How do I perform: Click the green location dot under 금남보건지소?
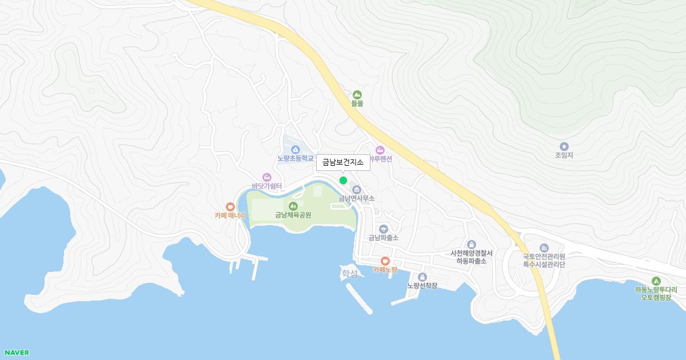point(343,180)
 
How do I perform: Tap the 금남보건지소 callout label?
point(343,162)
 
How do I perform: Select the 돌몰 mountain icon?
point(357,94)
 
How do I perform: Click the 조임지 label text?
point(564,155)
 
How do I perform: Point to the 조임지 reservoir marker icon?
point(564,146)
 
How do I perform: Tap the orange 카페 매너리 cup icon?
point(230,207)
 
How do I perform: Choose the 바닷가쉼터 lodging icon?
point(266,177)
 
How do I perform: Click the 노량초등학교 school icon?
point(296,150)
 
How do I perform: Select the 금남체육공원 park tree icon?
point(293,206)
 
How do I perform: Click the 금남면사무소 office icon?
point(356,190)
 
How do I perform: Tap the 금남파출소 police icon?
point(383,229)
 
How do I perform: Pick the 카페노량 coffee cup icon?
point(385,261)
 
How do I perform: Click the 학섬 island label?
point(349,274)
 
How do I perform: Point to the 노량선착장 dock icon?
point(422,277)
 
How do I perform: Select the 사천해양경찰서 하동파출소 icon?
point(471,245)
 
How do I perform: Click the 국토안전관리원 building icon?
point(543,248)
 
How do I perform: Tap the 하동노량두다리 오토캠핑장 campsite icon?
point(656,281)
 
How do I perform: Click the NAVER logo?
point(16,353)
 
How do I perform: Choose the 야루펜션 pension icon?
point(380,150)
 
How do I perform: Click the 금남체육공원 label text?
point(293,215)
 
